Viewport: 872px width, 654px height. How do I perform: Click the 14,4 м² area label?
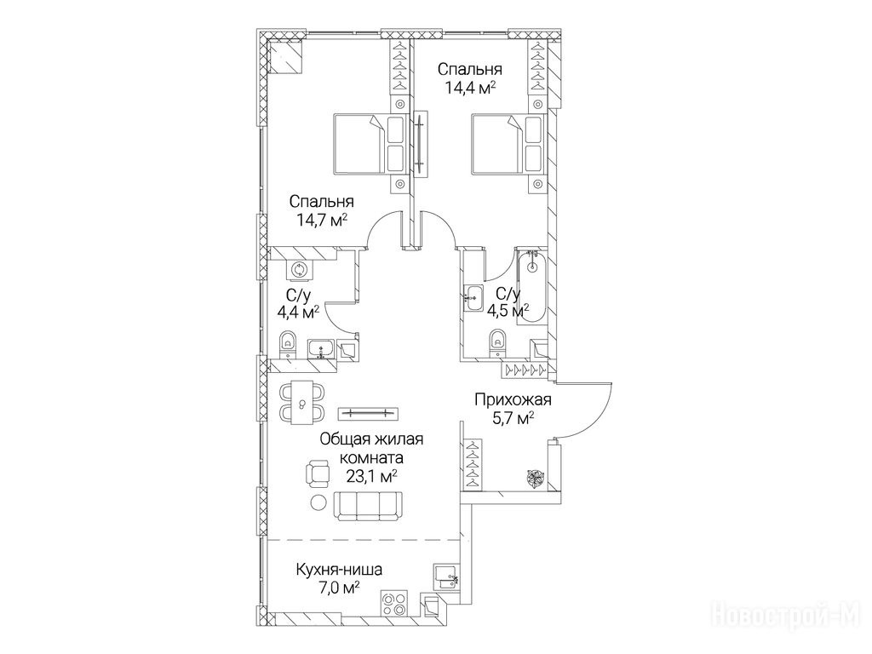point(470,88)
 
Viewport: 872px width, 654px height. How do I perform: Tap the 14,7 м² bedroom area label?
point(322,220)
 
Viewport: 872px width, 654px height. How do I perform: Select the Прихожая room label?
point(512,399)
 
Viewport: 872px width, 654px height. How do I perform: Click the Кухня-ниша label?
point(339,570)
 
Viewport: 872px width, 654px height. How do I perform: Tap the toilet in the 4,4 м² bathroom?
point(287,346)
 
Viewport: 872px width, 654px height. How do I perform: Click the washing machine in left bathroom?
point(300,271)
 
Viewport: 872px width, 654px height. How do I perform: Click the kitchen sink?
point(445,577)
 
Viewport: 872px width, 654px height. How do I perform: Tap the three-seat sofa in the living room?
point(368,506)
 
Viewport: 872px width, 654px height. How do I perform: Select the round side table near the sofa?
point(318,502)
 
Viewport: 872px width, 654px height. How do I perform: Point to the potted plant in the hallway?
point(535,479)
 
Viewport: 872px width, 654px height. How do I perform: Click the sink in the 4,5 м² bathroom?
point(473,297)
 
